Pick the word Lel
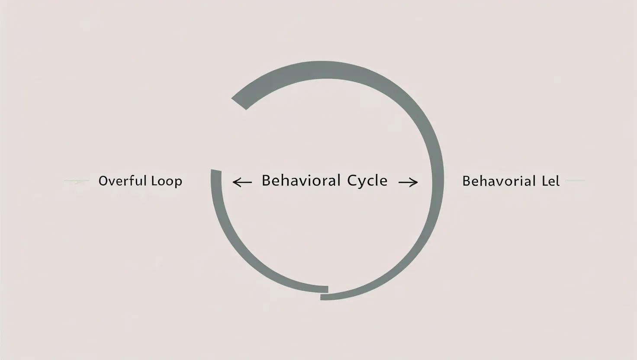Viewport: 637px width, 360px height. coord(550,181)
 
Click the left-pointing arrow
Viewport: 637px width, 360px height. coord(242,182)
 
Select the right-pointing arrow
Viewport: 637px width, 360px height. coord(408,183)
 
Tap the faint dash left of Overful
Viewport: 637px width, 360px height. coord(77,181)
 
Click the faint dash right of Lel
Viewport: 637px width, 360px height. coord(575,180)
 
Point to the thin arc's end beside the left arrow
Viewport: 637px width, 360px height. coord(216,173)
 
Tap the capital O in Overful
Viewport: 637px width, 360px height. coord(103,180)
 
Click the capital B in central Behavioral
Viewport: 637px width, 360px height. coord(266,180)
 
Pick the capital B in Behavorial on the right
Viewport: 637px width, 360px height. coord(466,181)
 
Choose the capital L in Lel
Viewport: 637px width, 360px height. coord(544,181)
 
